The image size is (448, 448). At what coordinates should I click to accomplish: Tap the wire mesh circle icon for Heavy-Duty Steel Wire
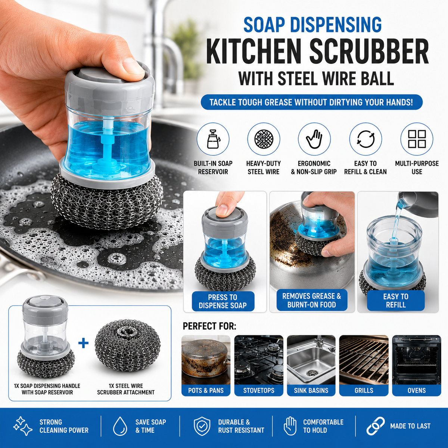pyautogui.click(x=264, y=139)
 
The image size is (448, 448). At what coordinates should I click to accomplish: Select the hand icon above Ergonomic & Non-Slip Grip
pyautogui.click(x=314, y=139)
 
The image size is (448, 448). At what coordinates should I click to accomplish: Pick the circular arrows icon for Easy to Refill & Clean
pyautogui.click(x=365, y=139)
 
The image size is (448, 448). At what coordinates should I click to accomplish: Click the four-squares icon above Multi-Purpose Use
pyautogui.click(x=417, y=139)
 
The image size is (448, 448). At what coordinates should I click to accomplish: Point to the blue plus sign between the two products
pyautogui.click(x=84, y=343)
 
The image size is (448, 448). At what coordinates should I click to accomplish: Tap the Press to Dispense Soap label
pyautogui.click(x=223, y=301)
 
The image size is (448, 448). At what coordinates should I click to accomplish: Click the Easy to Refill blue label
pyautogui.click(x=396, y=301)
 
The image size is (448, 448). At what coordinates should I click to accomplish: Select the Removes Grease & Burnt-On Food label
pyautogui.click(x=311, y=300)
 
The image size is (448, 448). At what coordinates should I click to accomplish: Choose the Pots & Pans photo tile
pyautogui.click(x=206, y=365)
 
